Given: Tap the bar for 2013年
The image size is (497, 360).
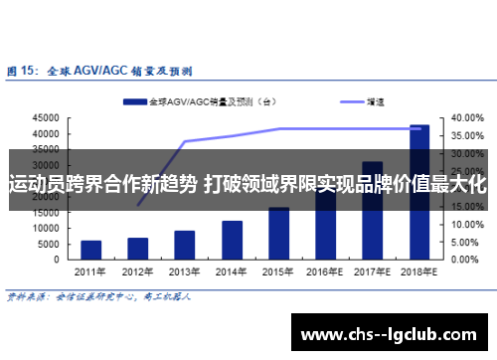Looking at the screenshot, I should [x=185, y=245].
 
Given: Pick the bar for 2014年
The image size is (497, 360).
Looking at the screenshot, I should [x=232, y=240].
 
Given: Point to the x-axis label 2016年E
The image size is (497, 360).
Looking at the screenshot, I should [x=326, y=271].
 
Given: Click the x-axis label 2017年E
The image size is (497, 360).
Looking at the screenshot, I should [x=373, y=271].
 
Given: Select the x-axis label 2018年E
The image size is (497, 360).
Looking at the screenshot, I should [x=419, y=271].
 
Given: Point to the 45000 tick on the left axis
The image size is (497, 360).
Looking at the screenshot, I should [x=46, y=118].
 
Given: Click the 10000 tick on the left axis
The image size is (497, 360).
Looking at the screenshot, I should [x=46, y=229].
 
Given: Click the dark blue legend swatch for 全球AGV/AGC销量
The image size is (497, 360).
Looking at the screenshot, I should [x=135, y=101].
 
